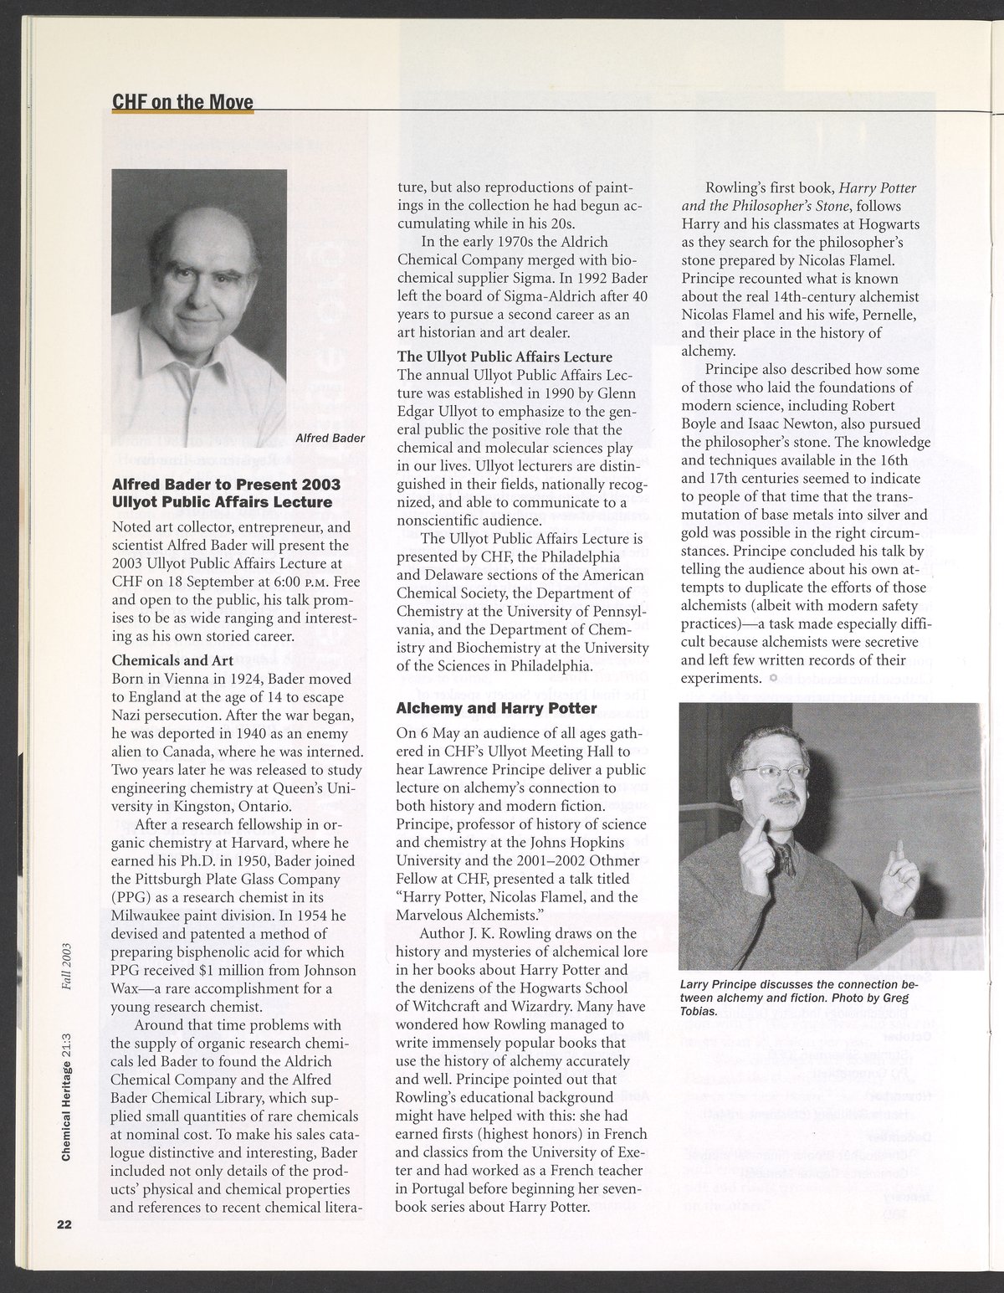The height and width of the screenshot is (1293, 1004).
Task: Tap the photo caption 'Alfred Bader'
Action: pyautogui.click(x=329, y=437)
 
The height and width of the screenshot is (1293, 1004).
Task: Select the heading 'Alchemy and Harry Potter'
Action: pyautogui.click(x=496, y=709)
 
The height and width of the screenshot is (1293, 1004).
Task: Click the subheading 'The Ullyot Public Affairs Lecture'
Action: pyautogui.click(x=505, y=357)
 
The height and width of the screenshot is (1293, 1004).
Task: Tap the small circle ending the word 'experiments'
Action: pyautogui.click(x=773, y=677)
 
